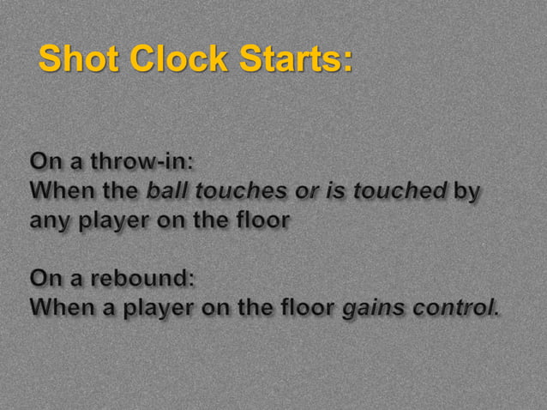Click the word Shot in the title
tap(80, 59)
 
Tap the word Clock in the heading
tap(178, 59)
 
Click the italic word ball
tap(165, 190)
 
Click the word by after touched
tap(466, 192)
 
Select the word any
tap(51, 220)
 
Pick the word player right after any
tap(114, 220)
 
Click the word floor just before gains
tap(306, 308)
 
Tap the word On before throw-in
tap(44, 161)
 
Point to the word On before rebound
tap(44, 279)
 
